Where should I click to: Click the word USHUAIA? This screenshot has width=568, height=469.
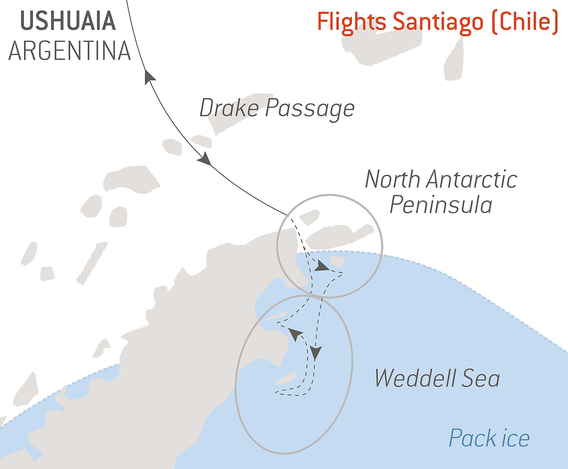pyautogui.click(x=68, y=21)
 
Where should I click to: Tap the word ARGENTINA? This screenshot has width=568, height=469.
pyautogui.click(x=69, y=51)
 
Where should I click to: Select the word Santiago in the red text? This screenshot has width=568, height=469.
pyautogui.click(x=438, y=22)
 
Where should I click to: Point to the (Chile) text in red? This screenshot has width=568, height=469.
pyautogui.click(x=525, y=22)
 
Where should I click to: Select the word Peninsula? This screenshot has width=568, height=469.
pyautogui.click(x=441, y=205)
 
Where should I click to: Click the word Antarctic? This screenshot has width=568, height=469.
pyautogui.click(x=471, y=180)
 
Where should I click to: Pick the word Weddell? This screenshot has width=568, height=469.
pyautogui.click(x=415, y=378)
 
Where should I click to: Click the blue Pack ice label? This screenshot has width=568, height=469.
pyautogui.click(x=489, y=438)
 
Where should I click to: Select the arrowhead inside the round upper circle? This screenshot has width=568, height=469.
pyautogui.click(x=321, y=266)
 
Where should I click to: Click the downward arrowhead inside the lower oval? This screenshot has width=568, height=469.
pyautogui.click(x=316, y=353)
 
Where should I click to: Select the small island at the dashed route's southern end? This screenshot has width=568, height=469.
pyautogui.click(x=286, y=378)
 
